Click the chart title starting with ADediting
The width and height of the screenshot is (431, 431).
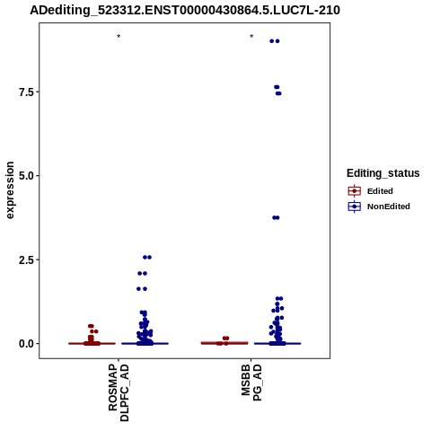(185, 10)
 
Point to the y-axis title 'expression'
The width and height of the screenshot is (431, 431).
(10, 190)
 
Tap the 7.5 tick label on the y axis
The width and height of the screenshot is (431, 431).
(26, 92)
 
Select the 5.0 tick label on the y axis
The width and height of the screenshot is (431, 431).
(26, 176)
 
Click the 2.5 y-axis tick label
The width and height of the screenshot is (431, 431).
(26, 259)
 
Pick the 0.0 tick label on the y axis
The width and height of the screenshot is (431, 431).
(26, 344)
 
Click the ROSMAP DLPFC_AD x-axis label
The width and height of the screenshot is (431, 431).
(119, 392)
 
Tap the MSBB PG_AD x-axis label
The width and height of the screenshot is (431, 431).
(251, 383)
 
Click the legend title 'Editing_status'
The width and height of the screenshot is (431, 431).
(383, 173)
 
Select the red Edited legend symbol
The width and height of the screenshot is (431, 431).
(355, 191)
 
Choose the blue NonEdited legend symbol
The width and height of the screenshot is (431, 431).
(355, 207)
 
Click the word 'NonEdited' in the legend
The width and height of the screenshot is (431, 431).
(389, 207)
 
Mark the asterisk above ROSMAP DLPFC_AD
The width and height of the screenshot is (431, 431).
(119, 37)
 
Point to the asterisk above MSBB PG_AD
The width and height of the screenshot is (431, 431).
(251, 37)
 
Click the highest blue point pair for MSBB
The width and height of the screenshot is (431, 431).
(275, 41)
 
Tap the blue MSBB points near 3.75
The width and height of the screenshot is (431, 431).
(276, 217)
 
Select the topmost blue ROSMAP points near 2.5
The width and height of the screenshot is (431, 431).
(147, 257)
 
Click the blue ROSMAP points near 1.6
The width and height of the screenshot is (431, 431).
(142, 289)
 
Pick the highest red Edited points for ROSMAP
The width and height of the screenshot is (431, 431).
(91, 326)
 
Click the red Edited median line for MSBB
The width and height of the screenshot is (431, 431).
(224, 343)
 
